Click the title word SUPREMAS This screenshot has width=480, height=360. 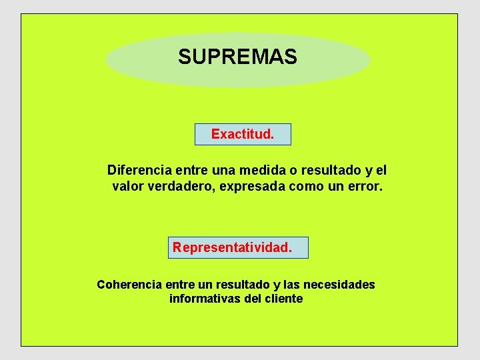pos(237,57)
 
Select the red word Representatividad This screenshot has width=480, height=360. pos(232,247)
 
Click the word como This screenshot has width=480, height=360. pos(306,187)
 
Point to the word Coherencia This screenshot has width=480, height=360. pos(129,285)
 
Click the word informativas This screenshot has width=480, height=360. pos(205,299)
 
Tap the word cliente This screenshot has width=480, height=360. pos(284,299)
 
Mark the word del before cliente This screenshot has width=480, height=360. pos(253,299)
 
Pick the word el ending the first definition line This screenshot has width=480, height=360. pos(381,170)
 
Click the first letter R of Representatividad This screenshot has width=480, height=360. pos(177,247)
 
